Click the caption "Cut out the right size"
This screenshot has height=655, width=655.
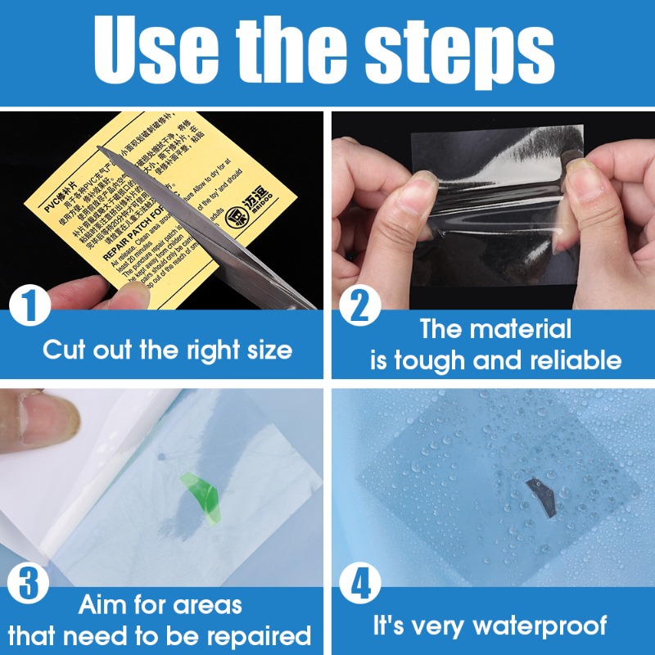click(167, 350)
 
